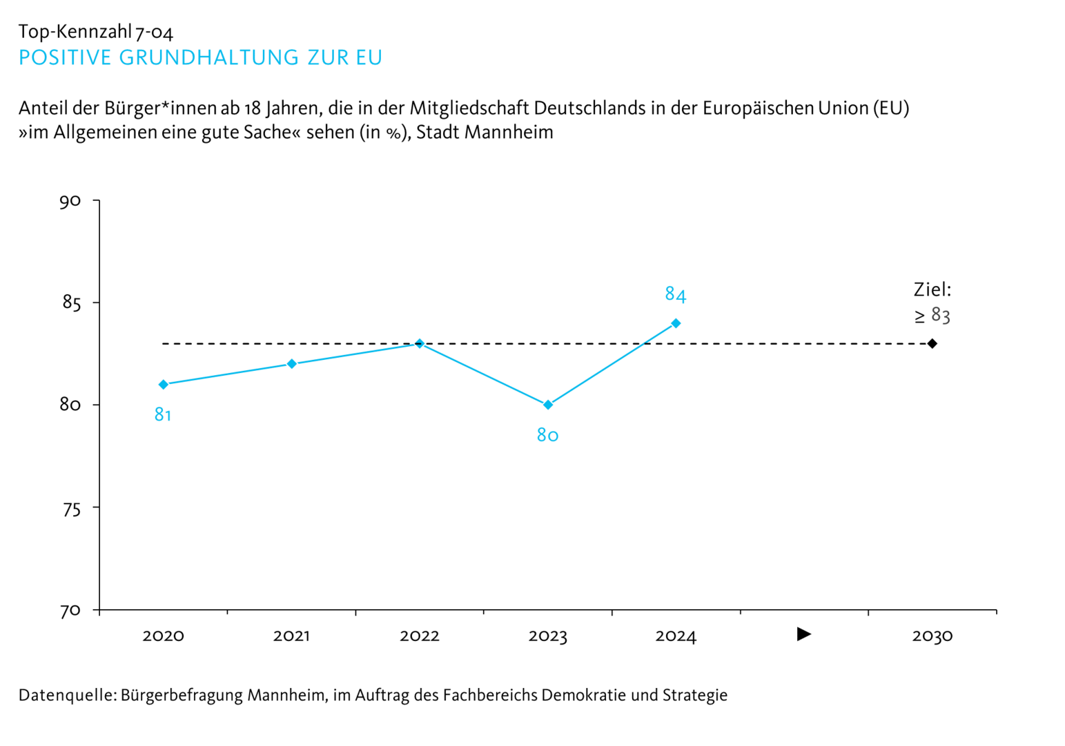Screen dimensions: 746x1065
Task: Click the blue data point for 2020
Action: (x=164, y=385)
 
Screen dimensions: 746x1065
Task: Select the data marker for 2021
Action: (x=292, y=364)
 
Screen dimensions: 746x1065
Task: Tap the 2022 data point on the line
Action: (x=420, y=343)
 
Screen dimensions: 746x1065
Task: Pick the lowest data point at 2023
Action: (x=548, y=405)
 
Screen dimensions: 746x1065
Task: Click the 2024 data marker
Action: (x=676, y=323)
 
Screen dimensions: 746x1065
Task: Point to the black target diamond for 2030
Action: (x=932, y=343)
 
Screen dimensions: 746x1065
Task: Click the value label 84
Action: (x=675, y=295)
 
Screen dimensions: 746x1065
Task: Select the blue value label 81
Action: (x=163, y=414)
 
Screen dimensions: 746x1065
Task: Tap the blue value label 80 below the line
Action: (x=547, y=435)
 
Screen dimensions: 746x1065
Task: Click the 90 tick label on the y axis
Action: (x=70, y=201)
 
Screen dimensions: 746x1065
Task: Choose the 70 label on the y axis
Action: (x=70, y=611)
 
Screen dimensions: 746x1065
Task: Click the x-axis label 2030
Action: (x=932, y=636)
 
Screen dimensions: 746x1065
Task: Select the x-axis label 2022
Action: (x=420, y=636)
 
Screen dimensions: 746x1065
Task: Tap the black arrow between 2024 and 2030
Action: (x=803, y=634)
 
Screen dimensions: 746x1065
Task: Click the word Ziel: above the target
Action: (x=932, y=289)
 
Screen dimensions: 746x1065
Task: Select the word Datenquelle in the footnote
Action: (x=67, y=695)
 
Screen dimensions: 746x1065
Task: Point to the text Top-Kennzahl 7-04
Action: (x=96, y=32)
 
